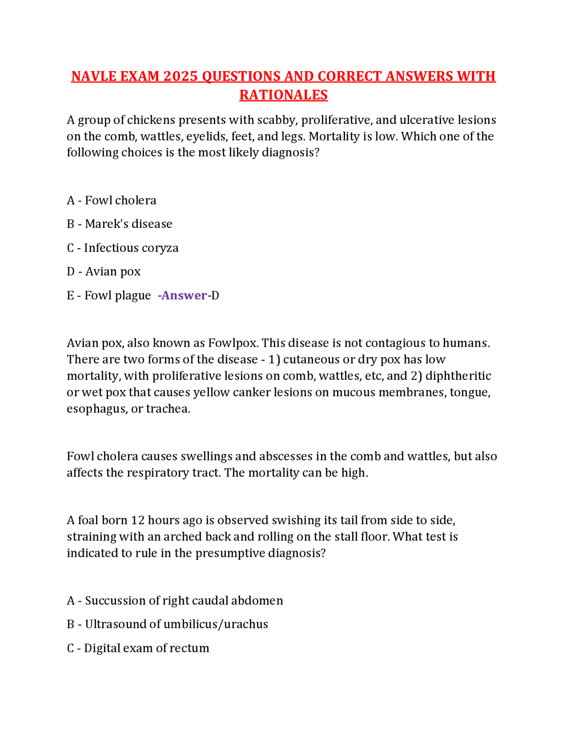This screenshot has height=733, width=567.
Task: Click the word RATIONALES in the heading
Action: pos(283,95)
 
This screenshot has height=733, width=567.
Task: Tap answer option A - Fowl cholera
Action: pos(112,201)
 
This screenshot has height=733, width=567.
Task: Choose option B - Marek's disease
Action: pos(120,224)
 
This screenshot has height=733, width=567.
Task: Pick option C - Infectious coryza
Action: pos(123,248)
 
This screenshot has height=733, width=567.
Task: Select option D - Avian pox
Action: pos(104,271)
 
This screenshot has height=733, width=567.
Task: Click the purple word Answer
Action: pos(184,295)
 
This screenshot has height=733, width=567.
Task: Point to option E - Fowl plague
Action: pos(109,295)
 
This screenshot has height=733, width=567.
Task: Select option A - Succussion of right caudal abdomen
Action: pos(175,601)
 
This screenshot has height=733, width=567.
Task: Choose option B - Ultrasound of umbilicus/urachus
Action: pos(167,624)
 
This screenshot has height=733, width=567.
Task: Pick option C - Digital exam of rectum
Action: pos(138,648)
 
